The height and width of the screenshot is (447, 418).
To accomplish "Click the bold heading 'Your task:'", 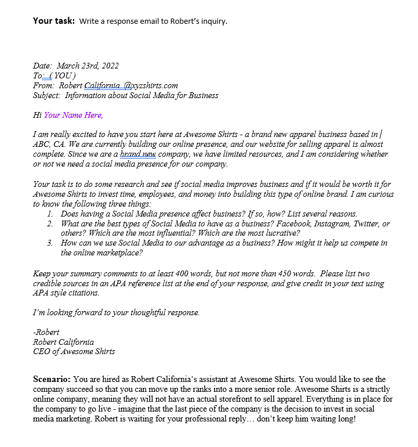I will click(53, 21).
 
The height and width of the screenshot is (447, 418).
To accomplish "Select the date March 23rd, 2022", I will click(88, 66).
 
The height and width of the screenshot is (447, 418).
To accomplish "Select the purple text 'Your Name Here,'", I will click(74, 115).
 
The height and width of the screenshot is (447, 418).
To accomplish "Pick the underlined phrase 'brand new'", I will click(138, 154).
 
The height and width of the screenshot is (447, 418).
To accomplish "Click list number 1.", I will click(50, 214).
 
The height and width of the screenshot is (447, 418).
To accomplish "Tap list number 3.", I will click(50, 243).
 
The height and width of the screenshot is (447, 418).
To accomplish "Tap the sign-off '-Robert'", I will click(46, 333).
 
